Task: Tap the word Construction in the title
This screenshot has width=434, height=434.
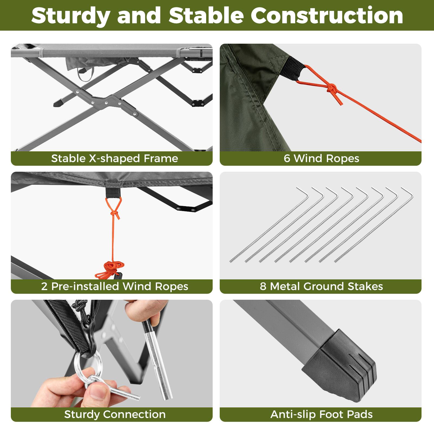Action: (x=327, y=16)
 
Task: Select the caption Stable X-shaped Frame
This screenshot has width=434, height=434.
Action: (x=114, y=158)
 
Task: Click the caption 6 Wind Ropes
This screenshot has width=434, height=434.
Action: (x=321, y=158)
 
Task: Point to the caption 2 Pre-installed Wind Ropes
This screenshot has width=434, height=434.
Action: (x=114, y=286)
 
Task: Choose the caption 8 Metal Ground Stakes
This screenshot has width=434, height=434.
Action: (x=321, y=286)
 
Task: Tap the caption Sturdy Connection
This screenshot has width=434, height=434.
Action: (x=114, y=414)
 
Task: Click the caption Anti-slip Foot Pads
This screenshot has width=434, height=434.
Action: (x=321, y=414)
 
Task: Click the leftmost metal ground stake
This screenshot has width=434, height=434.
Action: (x=269, y=225)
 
